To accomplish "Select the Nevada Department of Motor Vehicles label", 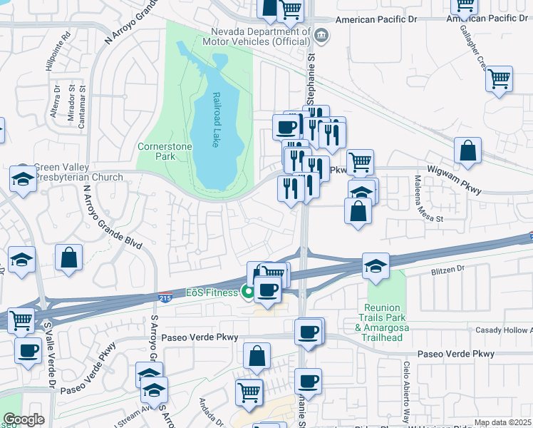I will click(261, 36).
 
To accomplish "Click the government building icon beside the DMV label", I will click(321, 34).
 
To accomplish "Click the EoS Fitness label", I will click(212, 292).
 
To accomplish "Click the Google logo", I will click(24, 419).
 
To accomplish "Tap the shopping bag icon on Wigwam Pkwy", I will click(467, 151).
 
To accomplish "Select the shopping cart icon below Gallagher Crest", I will click(499, 78).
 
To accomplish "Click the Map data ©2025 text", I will click(502, 422).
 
